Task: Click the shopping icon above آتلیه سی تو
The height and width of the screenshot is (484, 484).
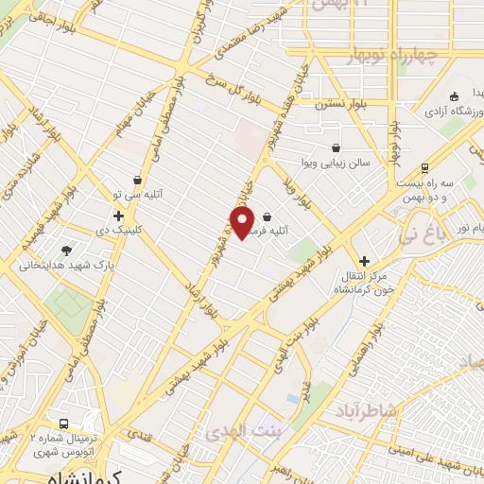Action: click(139, 179)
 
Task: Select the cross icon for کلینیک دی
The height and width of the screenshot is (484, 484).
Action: click(118, 216)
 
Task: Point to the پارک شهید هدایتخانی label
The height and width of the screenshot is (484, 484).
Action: click(66, 266)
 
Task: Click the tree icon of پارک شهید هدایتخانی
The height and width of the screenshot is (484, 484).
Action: click(66, 251)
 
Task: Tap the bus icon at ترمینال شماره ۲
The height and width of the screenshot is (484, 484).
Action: click(63, 424)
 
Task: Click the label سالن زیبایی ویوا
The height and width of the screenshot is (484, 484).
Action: click(337, 163)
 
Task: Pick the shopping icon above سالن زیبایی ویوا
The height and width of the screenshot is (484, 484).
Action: click(337, 147)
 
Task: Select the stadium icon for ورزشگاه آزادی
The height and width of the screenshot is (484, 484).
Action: click(455, 96)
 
